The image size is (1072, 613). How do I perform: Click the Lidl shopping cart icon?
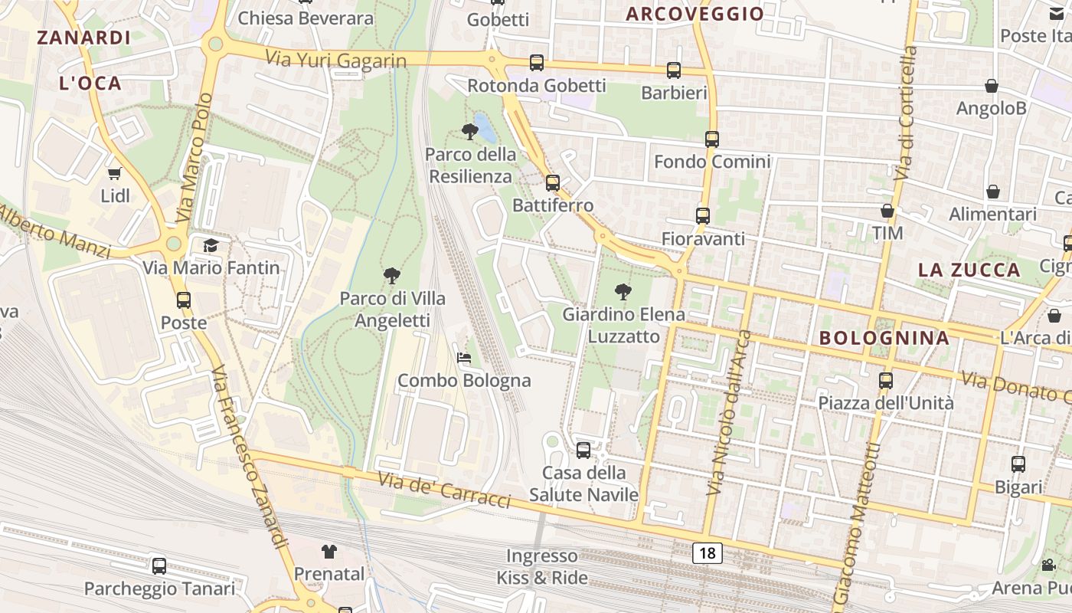[115, 173]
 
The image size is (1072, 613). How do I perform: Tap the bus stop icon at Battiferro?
[552, 183]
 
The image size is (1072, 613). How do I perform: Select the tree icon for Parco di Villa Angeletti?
[391, 276]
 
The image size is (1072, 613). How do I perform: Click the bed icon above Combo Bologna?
[463, 357]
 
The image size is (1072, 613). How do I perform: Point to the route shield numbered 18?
[708, 552]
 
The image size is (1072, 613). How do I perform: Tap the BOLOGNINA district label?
[884, 338]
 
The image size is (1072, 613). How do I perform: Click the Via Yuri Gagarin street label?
[335, 59]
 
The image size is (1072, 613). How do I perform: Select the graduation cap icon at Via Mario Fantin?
[211, 245]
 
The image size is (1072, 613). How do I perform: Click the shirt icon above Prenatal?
[329, 551]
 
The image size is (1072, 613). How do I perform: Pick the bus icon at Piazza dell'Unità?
[886, 380]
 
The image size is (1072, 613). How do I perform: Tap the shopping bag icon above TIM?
[887, 211]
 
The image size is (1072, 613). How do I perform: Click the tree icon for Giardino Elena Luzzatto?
[623, 292]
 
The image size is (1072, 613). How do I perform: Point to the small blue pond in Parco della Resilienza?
[485, 127]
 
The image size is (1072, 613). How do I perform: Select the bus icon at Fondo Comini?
[712, 139]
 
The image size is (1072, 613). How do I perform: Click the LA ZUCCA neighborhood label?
[969, 270]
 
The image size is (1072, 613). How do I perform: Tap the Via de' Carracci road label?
[444, 490]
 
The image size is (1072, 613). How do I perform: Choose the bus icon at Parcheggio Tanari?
[159, 566]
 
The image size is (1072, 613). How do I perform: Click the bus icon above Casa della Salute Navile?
[583, 450]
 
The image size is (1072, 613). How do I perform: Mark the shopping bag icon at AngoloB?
[992, 86]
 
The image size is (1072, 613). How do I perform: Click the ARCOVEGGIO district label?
[695, 14]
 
